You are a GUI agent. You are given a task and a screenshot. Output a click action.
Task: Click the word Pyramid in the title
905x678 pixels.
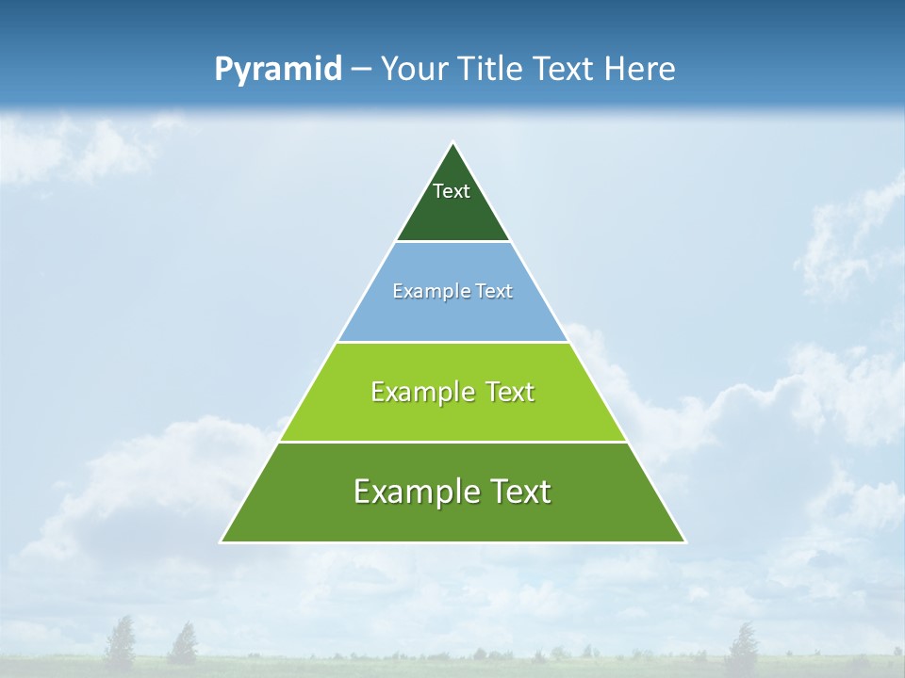point(278,70)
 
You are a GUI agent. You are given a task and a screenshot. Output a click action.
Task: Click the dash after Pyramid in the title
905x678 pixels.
point(361,71)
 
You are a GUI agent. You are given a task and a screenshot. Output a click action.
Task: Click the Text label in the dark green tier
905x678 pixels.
point(452,191)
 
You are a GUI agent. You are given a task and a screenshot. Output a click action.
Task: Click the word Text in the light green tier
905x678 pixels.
point(510,392)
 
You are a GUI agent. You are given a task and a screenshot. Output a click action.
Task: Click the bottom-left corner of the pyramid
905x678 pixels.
point(222,541)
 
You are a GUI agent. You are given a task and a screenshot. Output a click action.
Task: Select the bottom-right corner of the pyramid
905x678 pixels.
point(684,541)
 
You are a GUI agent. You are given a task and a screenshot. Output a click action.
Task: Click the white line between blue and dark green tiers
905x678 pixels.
point(452,242)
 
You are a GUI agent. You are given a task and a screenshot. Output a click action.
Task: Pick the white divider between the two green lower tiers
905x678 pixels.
point(452,442)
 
